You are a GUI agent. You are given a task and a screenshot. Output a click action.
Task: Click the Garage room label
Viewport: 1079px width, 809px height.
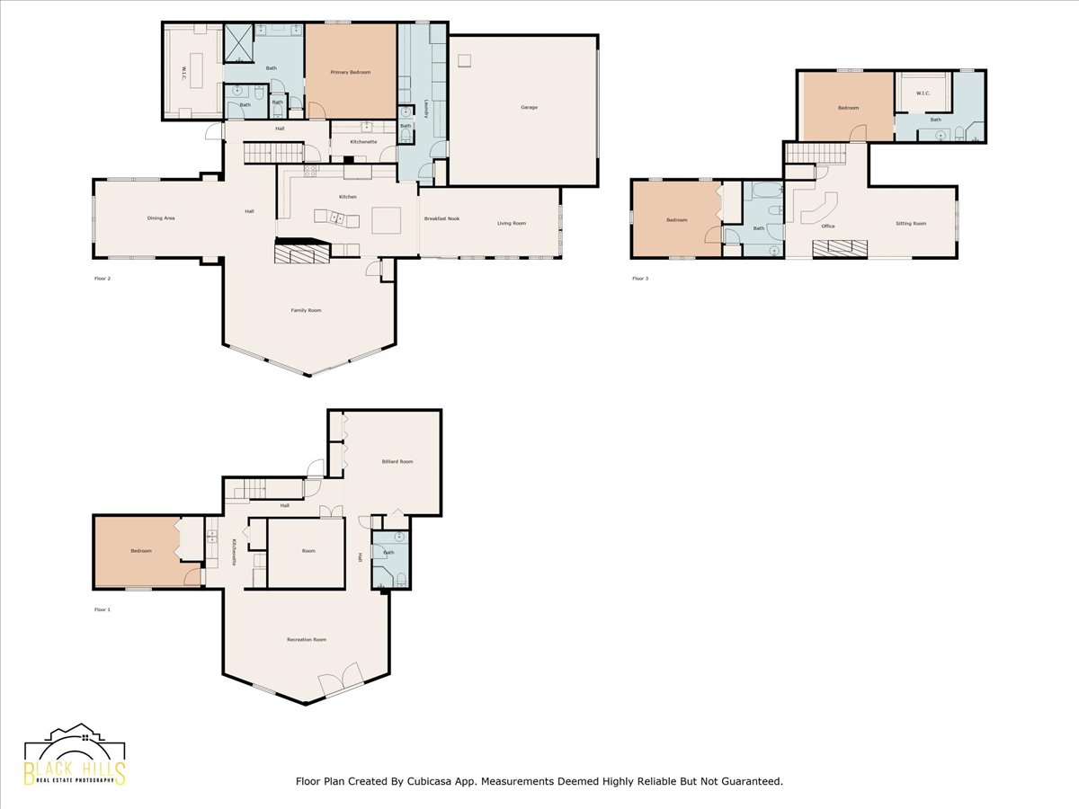tap(529, 108)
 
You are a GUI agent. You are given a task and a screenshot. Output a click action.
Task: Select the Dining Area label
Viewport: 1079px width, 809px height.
tap(161, 218)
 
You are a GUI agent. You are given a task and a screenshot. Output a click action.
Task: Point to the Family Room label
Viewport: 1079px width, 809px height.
tap(306, 310)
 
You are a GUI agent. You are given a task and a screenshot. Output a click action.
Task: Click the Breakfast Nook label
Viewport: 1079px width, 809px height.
tap(441, 219)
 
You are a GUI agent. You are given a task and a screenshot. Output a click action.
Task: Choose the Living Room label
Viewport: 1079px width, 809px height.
tap(512, 223)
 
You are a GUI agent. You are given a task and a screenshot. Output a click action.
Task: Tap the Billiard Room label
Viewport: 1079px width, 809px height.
tap(397, 461)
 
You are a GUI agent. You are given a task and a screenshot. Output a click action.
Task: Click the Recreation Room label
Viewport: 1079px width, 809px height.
tap(306, 639)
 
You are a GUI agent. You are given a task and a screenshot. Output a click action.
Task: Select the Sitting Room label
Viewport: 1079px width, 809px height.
tap(910, 223)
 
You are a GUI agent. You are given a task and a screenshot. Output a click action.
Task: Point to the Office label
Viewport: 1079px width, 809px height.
tap(828, 226)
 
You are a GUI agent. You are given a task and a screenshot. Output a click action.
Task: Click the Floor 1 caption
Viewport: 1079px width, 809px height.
tap(102, 609)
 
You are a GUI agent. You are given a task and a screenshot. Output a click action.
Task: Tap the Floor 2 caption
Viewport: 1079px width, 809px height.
tap(102, 278)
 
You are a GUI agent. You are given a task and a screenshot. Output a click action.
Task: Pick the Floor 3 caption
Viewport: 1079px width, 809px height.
tap(639, 278)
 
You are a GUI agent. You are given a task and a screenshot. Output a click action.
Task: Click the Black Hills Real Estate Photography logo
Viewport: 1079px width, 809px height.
tap(75, 756)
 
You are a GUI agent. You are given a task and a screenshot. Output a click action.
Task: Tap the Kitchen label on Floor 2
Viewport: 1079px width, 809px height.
tap(347, 196)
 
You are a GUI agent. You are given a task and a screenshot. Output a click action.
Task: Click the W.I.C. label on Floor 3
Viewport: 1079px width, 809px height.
tap(923, 93)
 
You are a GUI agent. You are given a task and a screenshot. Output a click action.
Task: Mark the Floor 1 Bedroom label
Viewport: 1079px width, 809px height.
tap(141, 551)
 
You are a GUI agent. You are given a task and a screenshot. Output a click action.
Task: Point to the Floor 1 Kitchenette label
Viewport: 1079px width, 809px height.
tap(234, 551)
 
